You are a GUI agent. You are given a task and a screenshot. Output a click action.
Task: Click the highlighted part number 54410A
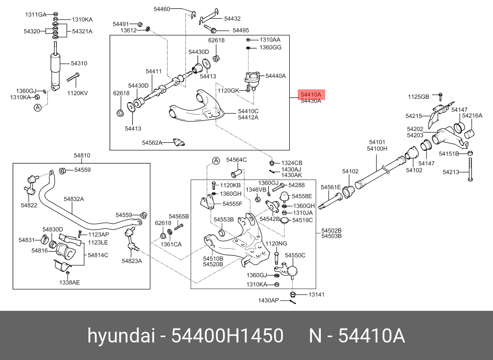click(311, 94)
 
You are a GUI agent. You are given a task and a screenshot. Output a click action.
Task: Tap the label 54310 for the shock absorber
click(79, 64)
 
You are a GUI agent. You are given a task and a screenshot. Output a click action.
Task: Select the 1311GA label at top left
click(35, 15)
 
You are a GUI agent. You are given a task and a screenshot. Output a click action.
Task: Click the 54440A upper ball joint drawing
click(252, 80)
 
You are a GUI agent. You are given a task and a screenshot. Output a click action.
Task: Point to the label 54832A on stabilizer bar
click(74, 199)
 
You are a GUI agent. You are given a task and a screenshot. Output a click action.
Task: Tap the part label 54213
click(451, 172)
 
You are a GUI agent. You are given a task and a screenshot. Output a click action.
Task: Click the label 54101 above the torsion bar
click(377, 142)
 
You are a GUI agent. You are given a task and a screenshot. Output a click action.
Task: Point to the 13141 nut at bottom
click(293, 294)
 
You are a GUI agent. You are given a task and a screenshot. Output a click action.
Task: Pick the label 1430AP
click(268, 300)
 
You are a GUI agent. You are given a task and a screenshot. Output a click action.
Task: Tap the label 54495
click(241, 30)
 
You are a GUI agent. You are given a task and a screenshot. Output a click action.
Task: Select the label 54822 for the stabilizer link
click(29, 205)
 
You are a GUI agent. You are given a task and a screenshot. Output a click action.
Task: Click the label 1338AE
click(69, 282)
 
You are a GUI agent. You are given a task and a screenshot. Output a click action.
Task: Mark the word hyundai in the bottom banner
click(121, 336)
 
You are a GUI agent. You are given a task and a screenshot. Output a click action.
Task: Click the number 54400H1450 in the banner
click(227, 336)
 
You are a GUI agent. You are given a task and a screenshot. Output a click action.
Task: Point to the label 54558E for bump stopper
click(302, 196)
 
